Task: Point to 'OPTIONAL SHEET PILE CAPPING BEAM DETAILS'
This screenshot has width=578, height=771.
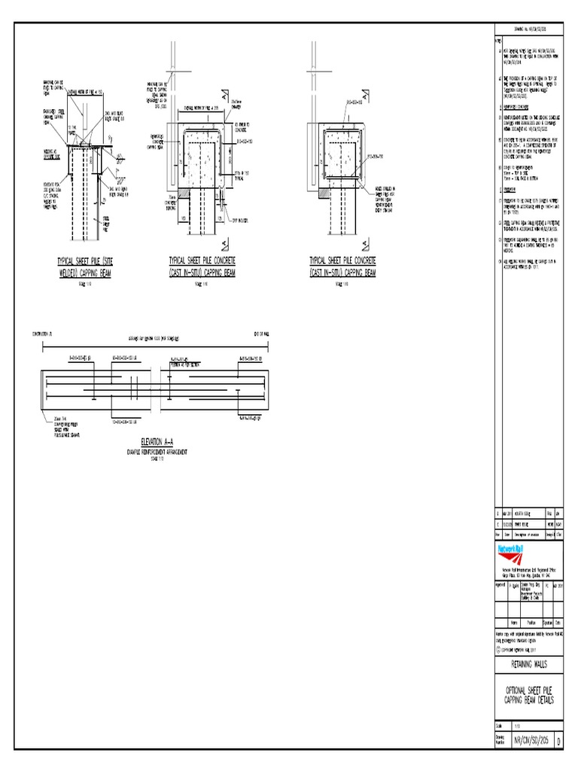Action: click(x=531, y=696)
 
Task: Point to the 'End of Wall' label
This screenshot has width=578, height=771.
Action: click(x=264, y=332)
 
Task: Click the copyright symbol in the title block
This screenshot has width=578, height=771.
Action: click(x=498, y=648)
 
